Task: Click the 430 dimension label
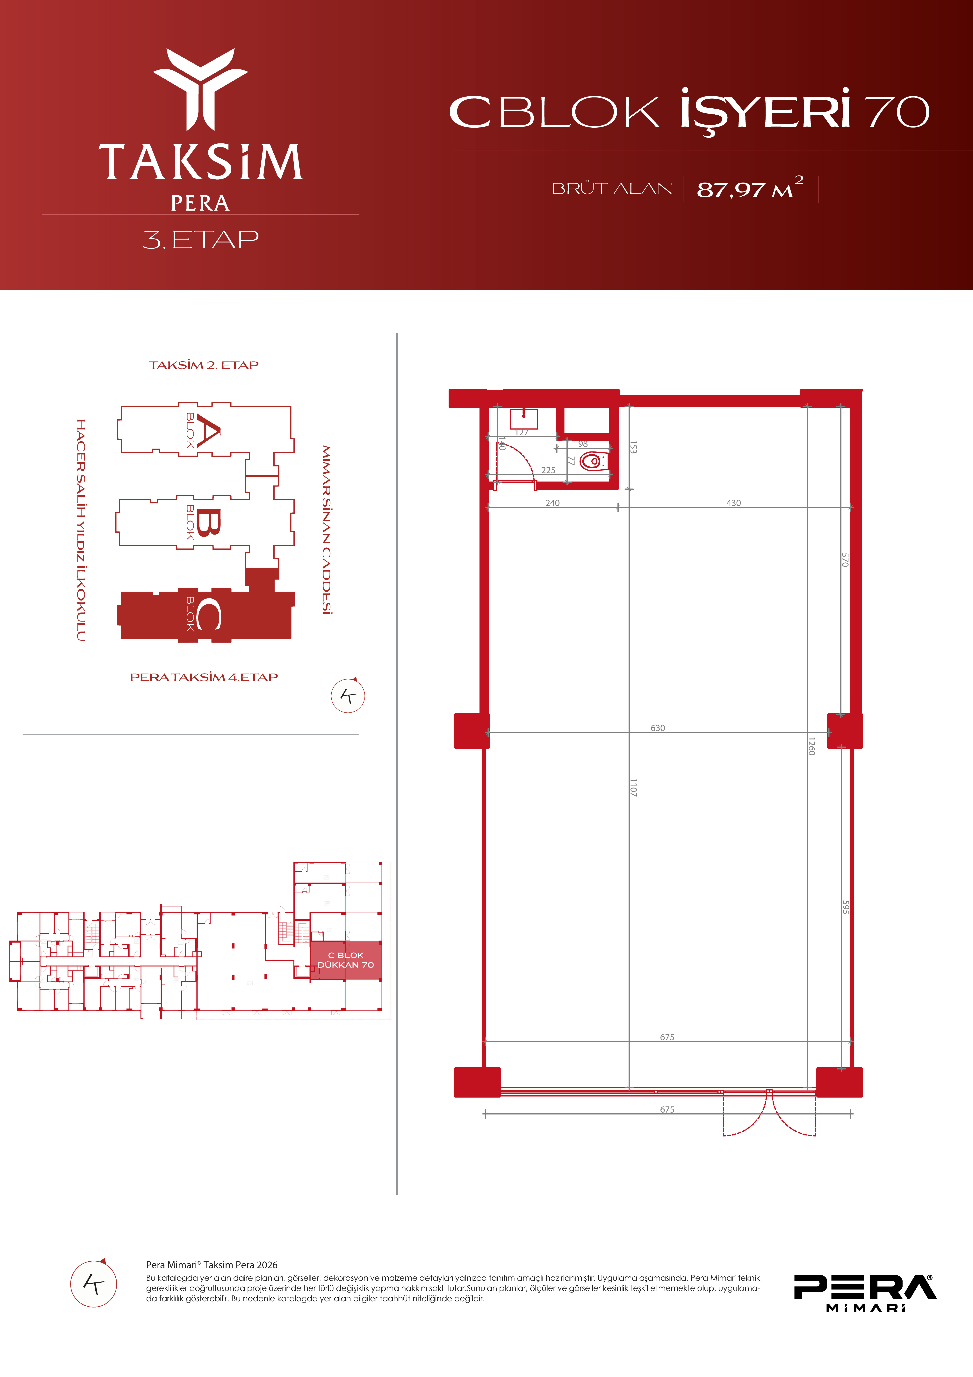(734, 503)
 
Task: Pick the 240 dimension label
(552, 503)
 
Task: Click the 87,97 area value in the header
(731, 190)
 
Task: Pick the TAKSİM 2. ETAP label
(204, 365)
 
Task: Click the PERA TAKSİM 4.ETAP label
(204, 677)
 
